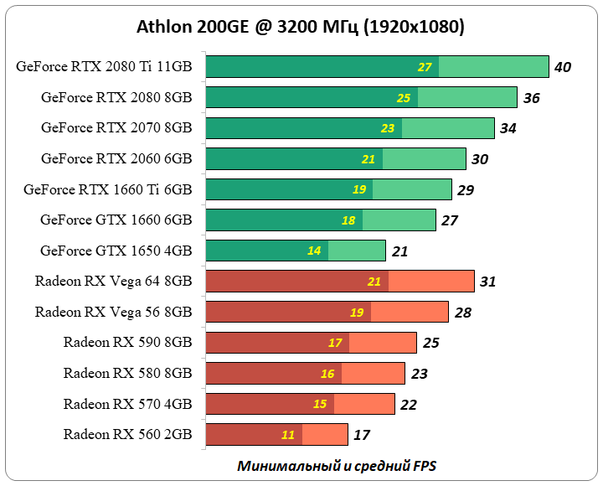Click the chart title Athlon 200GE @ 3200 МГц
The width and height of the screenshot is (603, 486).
tap(301, 27)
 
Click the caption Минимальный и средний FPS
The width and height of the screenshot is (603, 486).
tap(337, 465)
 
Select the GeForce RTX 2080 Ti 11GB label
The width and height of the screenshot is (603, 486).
tap(104, 67)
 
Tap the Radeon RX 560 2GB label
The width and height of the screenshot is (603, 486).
tap(127, 434)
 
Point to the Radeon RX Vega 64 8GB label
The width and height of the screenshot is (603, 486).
tap(113, 281)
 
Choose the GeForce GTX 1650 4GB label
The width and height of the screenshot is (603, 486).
tap(116, 251)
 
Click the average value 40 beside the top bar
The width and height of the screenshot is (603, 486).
tap(563, 67)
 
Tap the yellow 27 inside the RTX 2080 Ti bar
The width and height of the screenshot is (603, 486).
tap(425, 67)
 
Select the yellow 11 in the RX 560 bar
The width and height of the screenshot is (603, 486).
tap(288, 435)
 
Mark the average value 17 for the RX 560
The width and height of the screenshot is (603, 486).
tap(362, 435)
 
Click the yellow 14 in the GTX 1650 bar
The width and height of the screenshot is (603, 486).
tap(313, 251)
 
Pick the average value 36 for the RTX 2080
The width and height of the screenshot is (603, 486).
tap(531, 98)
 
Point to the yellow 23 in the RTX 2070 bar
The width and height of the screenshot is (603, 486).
tap(388, 128)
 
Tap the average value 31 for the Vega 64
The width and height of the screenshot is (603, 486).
tap(488, 282)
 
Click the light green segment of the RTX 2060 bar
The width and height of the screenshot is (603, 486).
tap(424, 158)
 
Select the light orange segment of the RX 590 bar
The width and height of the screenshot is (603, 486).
tap(383, 343)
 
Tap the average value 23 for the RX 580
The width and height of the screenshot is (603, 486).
tap(419, 374)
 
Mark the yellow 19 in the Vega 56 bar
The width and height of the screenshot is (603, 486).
tap(357, 313)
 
